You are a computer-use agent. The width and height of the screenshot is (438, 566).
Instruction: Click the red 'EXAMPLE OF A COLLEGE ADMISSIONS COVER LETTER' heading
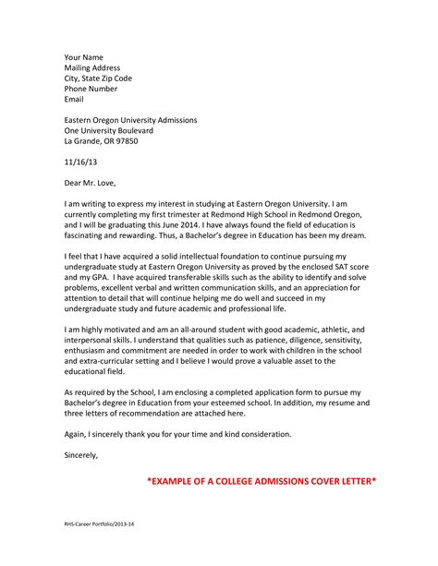(263, 483)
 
